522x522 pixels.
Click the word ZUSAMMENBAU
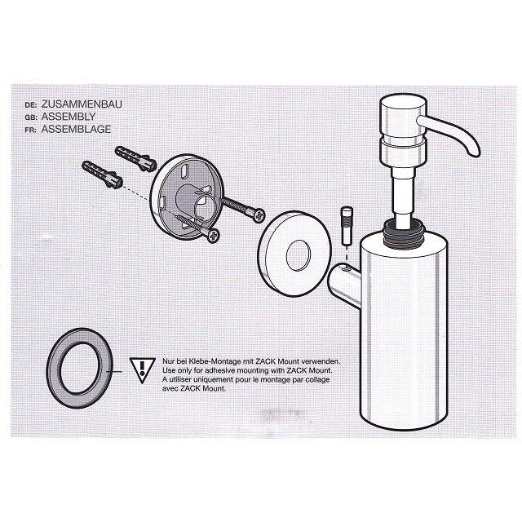[x=82, y=104]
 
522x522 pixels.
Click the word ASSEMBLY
[x=69, y=117]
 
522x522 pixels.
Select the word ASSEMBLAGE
[x=76, y=129]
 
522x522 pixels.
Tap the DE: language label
[x=31, y=105]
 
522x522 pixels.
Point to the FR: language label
[x=31, y=130]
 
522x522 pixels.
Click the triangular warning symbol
[x=142, y=369]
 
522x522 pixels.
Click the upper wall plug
[x=135, y=158]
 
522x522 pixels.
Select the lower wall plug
[x=102, y=175]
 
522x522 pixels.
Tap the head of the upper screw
[x=259, y=215]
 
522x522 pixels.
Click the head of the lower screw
[x=213, y=236]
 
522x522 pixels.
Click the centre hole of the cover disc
[x=299, y=255]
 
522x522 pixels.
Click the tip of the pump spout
[x=475, y=153]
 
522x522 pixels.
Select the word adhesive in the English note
[x=219, y=370]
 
